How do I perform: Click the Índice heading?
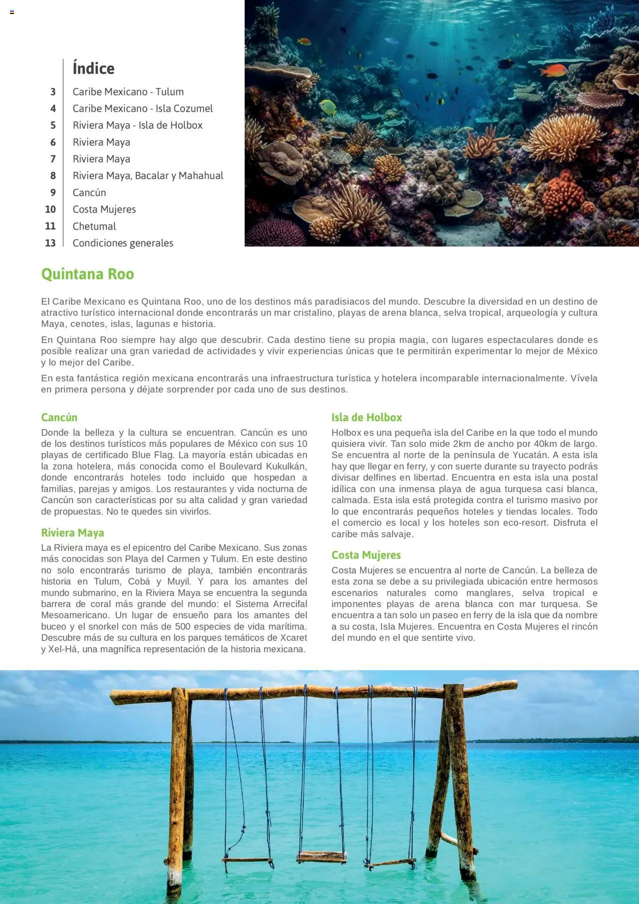point(93,68)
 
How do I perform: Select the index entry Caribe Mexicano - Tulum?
point(128,92)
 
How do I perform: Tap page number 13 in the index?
point(50,243)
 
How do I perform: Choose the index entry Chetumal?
point(94,226)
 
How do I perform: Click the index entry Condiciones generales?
point(123,243)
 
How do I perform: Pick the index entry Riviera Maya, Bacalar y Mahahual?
point(148,176)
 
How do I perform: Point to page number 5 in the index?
point(53,125)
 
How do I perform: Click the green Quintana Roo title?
point(87,274)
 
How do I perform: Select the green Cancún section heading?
point(59,417)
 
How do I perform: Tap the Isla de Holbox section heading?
point(366,417)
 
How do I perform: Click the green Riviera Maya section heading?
point(72,533)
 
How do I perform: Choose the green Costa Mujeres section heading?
point(366,555)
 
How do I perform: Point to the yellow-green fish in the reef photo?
point(327,106)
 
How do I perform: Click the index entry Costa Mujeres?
point(104,210)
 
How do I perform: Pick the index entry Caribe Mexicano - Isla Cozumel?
point(142,109)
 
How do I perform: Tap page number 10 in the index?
point(50,210)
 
